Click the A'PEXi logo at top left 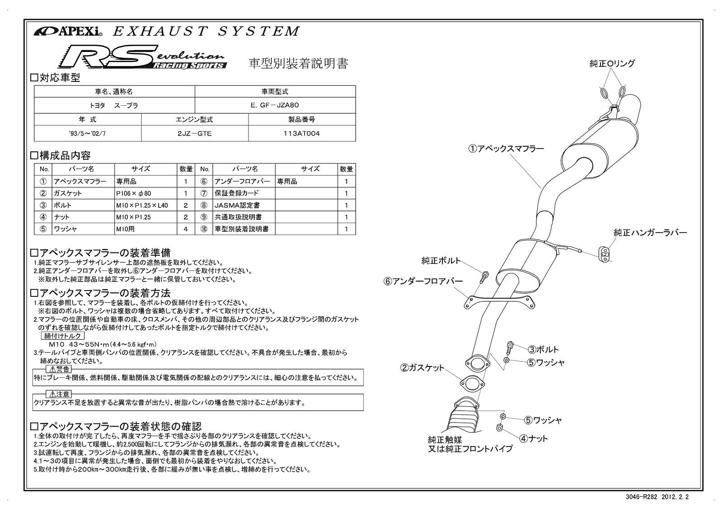pyautogui.click(x=68, y=32)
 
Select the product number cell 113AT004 pyautogui.click(x=302, y=134)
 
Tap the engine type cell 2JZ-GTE pyautogui.click(x=194, y=134)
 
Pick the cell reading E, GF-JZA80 pyautogui.click(x=275, y=105)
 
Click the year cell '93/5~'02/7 pyautogui.click(x=87, y=134)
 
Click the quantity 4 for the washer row pyautogui.click(x=185, y=229)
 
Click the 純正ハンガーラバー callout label pyautogui.click(x=650, y=233)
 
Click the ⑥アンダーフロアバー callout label pyautogui.click(x=423, y=281)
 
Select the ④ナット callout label pyautogui.click(x=533, y=438)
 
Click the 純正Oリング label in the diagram pyautogui.click(x=612, y=64)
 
